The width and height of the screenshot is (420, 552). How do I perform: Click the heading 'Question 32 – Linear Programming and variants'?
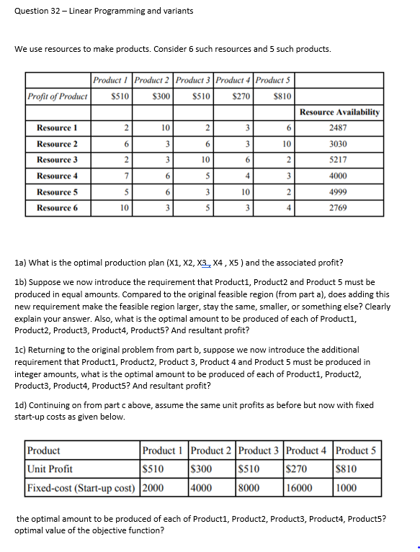point(104,11)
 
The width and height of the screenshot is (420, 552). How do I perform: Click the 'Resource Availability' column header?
point(339,112)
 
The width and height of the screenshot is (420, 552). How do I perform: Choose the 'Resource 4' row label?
point(57,176)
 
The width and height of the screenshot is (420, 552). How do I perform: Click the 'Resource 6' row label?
point(57,208)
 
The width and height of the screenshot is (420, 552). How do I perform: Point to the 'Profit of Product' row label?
point(58,96)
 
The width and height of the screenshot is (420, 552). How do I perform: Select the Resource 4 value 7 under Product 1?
point(125,176)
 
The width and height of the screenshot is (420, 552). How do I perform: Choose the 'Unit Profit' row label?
point(50,469)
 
